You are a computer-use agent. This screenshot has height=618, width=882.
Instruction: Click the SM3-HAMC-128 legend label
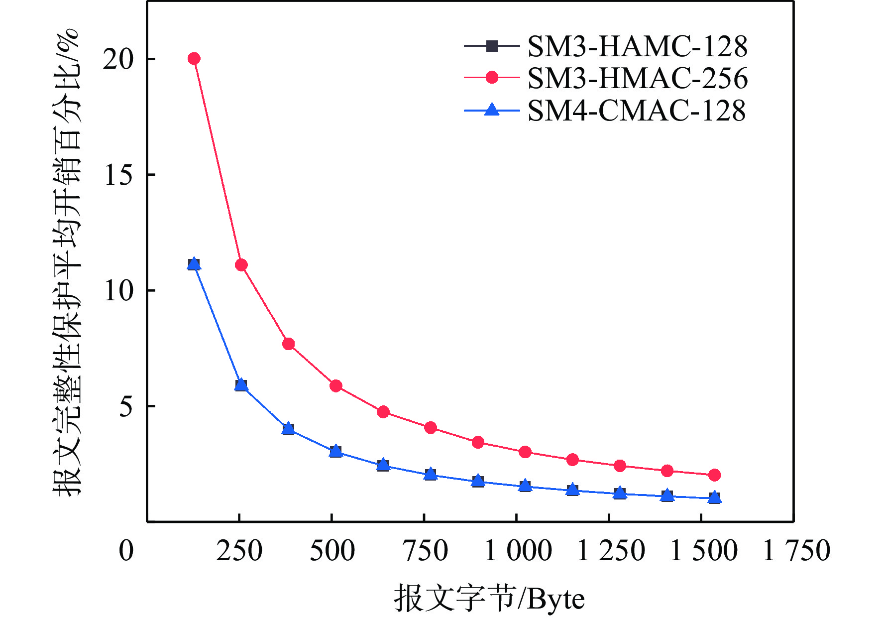coord(637,46)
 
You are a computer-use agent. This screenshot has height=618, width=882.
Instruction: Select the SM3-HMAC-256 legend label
coord(637,78)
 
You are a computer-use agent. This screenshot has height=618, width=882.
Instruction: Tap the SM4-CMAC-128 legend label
coord(636,110)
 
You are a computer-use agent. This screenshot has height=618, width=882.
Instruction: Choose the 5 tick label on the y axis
coord(126,407)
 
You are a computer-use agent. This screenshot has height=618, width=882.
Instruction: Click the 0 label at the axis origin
coord(126,551)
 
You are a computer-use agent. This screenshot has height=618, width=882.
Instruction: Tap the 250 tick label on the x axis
coord(239,551)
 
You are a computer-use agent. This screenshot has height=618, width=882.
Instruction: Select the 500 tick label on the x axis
coord(332,551)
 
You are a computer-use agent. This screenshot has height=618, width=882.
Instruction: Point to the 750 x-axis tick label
coord(425,551)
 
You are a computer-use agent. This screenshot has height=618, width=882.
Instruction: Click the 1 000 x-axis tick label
coord(518,551)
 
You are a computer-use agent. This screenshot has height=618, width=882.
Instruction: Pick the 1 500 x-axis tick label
coord(703,551)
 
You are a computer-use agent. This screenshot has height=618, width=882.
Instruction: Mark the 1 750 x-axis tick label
coord(796,551)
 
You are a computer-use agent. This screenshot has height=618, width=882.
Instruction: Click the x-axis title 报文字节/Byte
coord(489,598)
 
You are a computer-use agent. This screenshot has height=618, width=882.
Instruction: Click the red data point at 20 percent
coord(194,59)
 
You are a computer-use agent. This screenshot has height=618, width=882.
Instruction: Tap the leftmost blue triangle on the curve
coord(194,264)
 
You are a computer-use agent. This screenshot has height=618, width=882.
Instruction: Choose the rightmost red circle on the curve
coord(714,475)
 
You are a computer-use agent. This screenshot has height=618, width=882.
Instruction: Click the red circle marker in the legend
coord(492,78)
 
